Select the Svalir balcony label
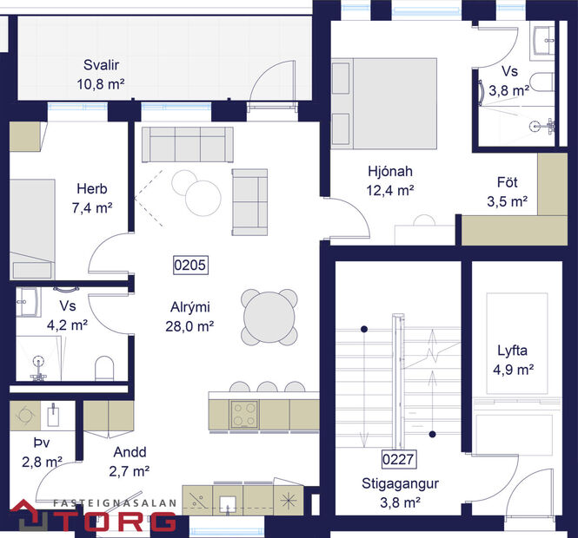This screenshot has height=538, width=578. pyautogui.click(x=101, y=66)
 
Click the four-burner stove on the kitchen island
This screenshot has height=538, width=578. pyautogui.click(x=243, y=414)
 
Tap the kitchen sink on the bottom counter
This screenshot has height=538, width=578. pyautogui.click(x=229, y=501)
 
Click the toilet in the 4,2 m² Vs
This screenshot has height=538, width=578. pyautogui.click(x=103, y=369)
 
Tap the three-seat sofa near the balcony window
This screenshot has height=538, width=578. pyautogui.click(x=187, y=143)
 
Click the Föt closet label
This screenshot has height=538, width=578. pyautogui.click(x=508, y=183)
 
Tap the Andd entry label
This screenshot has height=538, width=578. pyautogui.click(x=128, y=452)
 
